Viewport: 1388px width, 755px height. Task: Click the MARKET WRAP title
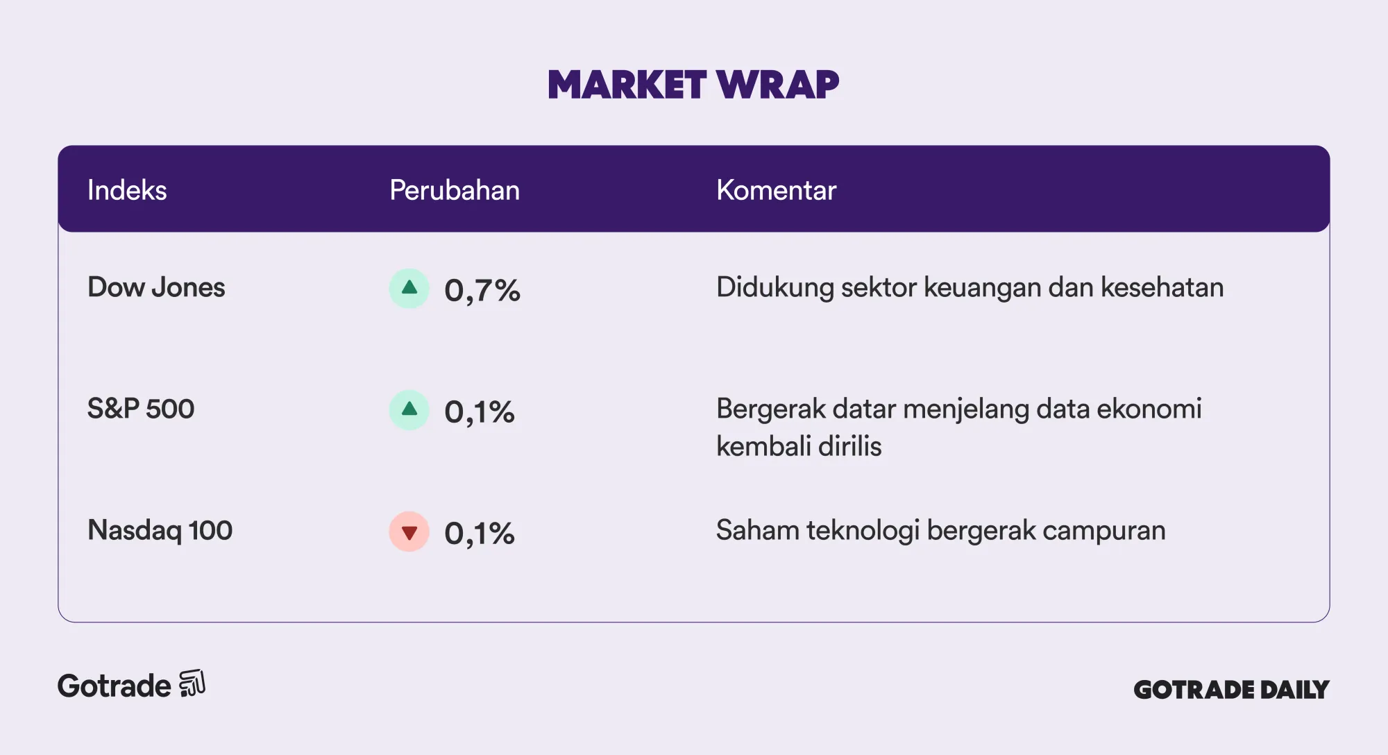click(693, 85)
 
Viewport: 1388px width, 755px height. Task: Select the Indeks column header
click(127, 190)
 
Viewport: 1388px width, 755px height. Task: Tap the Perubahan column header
click(455, 190)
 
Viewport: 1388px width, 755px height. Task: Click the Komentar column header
click(776, 190)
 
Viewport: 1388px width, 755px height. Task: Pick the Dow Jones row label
click(156, 287)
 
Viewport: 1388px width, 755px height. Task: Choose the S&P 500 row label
click(141, 409)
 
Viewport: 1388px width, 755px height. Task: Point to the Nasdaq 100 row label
click(160, 530)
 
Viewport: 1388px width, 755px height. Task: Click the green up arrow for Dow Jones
click(409, 289)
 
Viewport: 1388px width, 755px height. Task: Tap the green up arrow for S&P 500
click(409, 410)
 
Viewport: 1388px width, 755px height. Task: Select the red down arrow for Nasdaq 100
click(409, 532)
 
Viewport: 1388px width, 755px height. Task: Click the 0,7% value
click(482, 291)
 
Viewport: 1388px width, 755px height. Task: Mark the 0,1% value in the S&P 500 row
click(480, 412)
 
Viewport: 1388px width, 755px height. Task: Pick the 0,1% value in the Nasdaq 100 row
click(480, 534)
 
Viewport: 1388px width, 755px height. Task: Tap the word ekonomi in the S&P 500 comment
click(1149, 409)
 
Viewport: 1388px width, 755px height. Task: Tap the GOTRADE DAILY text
click(1232, 689)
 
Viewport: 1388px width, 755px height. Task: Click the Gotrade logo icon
click(192, 684)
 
